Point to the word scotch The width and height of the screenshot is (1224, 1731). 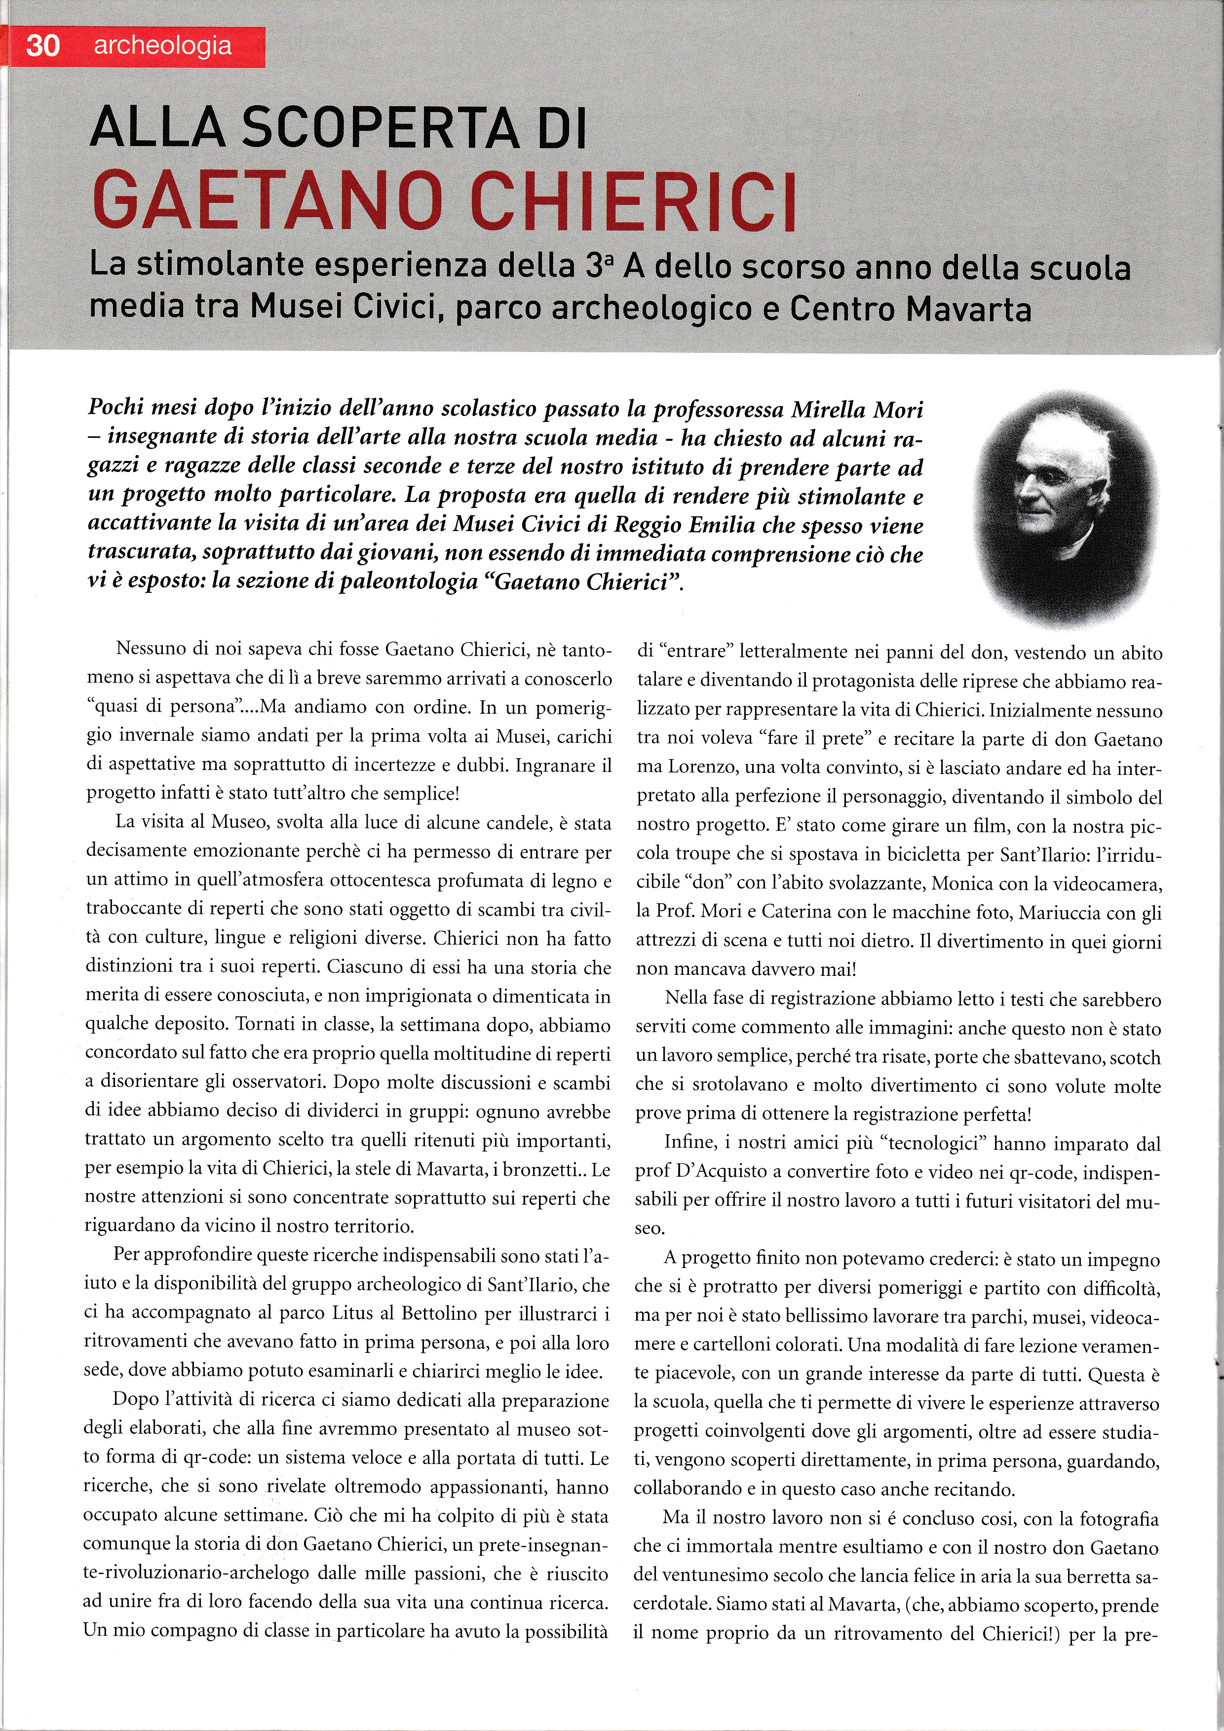(1134, 1057)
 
